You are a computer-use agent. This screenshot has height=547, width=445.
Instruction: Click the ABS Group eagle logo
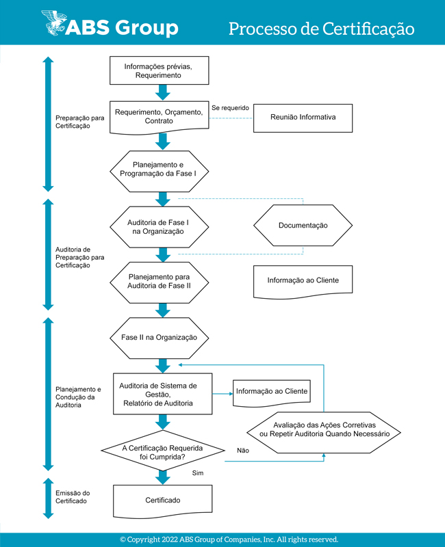point(54,23)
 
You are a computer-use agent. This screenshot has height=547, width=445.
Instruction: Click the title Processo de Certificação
point(321,29)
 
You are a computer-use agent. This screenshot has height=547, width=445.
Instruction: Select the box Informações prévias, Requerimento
point(160,70)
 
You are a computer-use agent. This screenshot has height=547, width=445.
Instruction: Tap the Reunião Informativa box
point(303,118)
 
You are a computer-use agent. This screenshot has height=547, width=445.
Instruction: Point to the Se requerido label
point(230,108)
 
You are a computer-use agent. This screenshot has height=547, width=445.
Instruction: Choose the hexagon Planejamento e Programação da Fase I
point(160,172)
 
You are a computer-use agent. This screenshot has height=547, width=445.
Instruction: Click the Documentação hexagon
point(303,226)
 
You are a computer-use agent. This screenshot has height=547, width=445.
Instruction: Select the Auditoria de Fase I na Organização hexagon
point(160,227)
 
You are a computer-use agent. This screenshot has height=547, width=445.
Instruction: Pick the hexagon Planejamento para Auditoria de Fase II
point(160,282)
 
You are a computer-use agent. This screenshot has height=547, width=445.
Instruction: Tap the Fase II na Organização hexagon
point(160,338)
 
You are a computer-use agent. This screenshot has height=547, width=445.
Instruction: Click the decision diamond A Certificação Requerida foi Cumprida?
point(163,451)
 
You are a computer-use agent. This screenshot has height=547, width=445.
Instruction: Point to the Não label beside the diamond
point(243,451)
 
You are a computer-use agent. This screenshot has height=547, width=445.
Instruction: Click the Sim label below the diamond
point(198,473)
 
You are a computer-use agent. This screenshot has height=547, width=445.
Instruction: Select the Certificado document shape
point(163,501)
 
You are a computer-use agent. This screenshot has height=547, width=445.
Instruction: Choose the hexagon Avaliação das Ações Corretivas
point(324,433)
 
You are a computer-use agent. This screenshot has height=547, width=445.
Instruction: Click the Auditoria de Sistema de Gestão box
point(163,394)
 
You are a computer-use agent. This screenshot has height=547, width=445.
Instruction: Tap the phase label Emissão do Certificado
point(73,497)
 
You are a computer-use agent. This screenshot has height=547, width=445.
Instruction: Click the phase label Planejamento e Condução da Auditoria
point(78,397)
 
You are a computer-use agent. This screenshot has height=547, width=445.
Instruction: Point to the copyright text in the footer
point(229,539)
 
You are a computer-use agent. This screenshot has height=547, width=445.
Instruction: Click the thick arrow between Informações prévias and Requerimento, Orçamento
point(163,92)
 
